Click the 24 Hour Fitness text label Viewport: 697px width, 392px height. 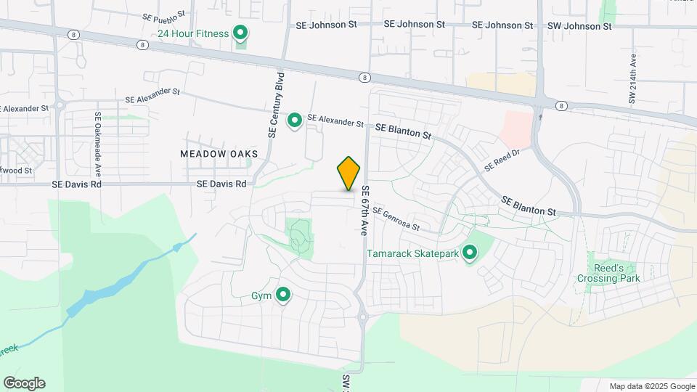[193, 33]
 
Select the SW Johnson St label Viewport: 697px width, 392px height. [579, 25]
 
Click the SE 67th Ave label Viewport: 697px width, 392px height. [365, 211]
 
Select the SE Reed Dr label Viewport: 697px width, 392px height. [502, 160]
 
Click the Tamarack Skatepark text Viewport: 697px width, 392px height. [412, 254]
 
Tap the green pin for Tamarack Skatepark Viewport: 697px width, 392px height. [470, 253]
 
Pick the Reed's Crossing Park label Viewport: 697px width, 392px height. [608, 273]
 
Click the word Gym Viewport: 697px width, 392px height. [261, 296]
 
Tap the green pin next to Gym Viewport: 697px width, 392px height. [283, 295]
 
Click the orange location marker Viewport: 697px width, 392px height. [349, 173]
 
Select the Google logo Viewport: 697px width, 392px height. [24, 383]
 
